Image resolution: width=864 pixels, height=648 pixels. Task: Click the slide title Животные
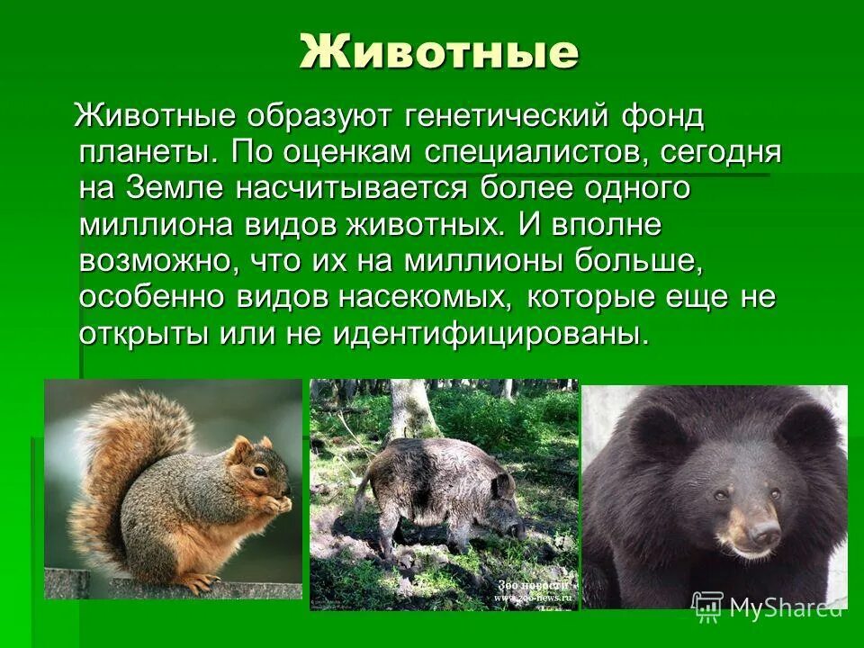[x=439, y=52]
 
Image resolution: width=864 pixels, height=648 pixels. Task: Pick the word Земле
[x=185, y=189]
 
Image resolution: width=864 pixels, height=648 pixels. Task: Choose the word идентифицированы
[x=490, y=334]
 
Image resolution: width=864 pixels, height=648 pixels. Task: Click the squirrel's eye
[x=259, y=470]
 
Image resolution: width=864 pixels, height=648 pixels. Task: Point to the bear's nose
[x=763, y=533]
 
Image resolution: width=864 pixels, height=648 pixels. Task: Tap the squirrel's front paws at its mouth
[x=280, y=504]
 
